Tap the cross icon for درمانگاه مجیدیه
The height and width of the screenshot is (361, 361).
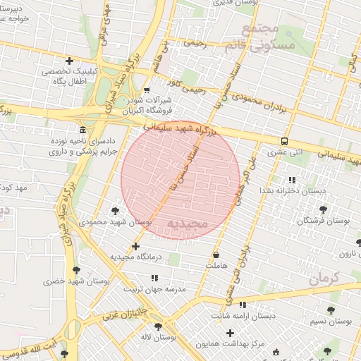click(135, 246)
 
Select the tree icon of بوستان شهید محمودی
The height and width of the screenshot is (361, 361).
click(115, 210)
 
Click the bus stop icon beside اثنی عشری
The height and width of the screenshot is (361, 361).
click(284, 141)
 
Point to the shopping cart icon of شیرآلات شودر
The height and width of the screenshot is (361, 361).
click(147, 90)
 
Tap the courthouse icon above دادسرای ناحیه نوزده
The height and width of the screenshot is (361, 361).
click(83, 130)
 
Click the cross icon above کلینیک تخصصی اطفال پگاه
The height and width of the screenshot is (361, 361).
click(68, 61)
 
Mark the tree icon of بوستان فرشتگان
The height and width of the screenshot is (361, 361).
click(323, 209)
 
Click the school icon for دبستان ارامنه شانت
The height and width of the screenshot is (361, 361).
click(243, 305)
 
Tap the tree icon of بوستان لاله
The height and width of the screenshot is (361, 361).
click(158, 326)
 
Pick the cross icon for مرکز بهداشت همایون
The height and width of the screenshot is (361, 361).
click(230, 332)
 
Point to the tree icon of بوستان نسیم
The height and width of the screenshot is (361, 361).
click(331, 310)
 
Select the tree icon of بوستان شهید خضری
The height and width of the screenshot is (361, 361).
click(76, 270)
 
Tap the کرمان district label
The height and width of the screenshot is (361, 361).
click(343, 277)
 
